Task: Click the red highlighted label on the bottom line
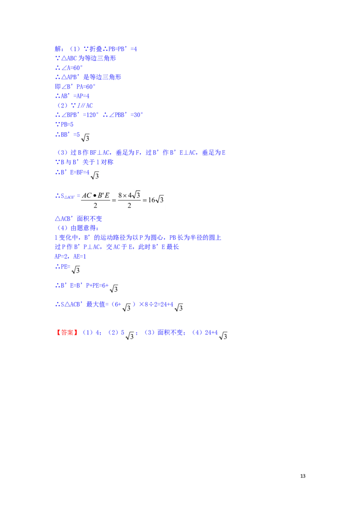[67, 333]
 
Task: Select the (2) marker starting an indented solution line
[63, 105]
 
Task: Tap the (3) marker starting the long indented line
[63, 153]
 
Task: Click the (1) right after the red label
[88, 333]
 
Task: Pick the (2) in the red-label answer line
[113, 333]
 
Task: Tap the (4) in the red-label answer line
[196, 333]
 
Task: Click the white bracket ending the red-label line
[223, 333]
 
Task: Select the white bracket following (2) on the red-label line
[130, 333]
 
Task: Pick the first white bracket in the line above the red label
[129, 304]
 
